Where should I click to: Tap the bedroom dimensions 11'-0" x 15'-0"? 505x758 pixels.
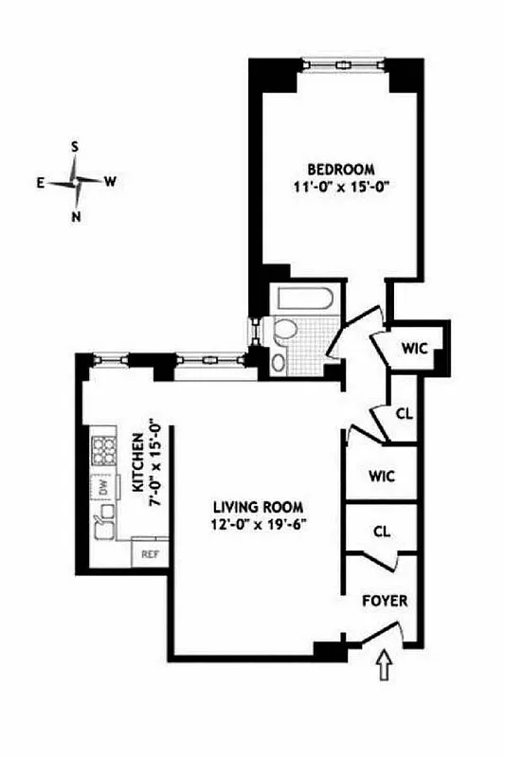(x=330, y=186)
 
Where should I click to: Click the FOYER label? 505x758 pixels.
(x=384, y=601)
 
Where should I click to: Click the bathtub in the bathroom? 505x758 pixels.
(x=302, y=301)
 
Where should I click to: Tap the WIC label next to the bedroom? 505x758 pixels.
(x=414, y=349)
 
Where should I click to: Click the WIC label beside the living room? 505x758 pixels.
(x=381, y=475)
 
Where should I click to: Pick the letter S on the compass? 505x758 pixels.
(x=75, y=147)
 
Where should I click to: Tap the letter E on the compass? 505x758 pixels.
(x=42, y=184)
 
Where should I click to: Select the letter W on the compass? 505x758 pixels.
(x=111, y=182)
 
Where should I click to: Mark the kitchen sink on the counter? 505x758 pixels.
(x=101, y=519)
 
